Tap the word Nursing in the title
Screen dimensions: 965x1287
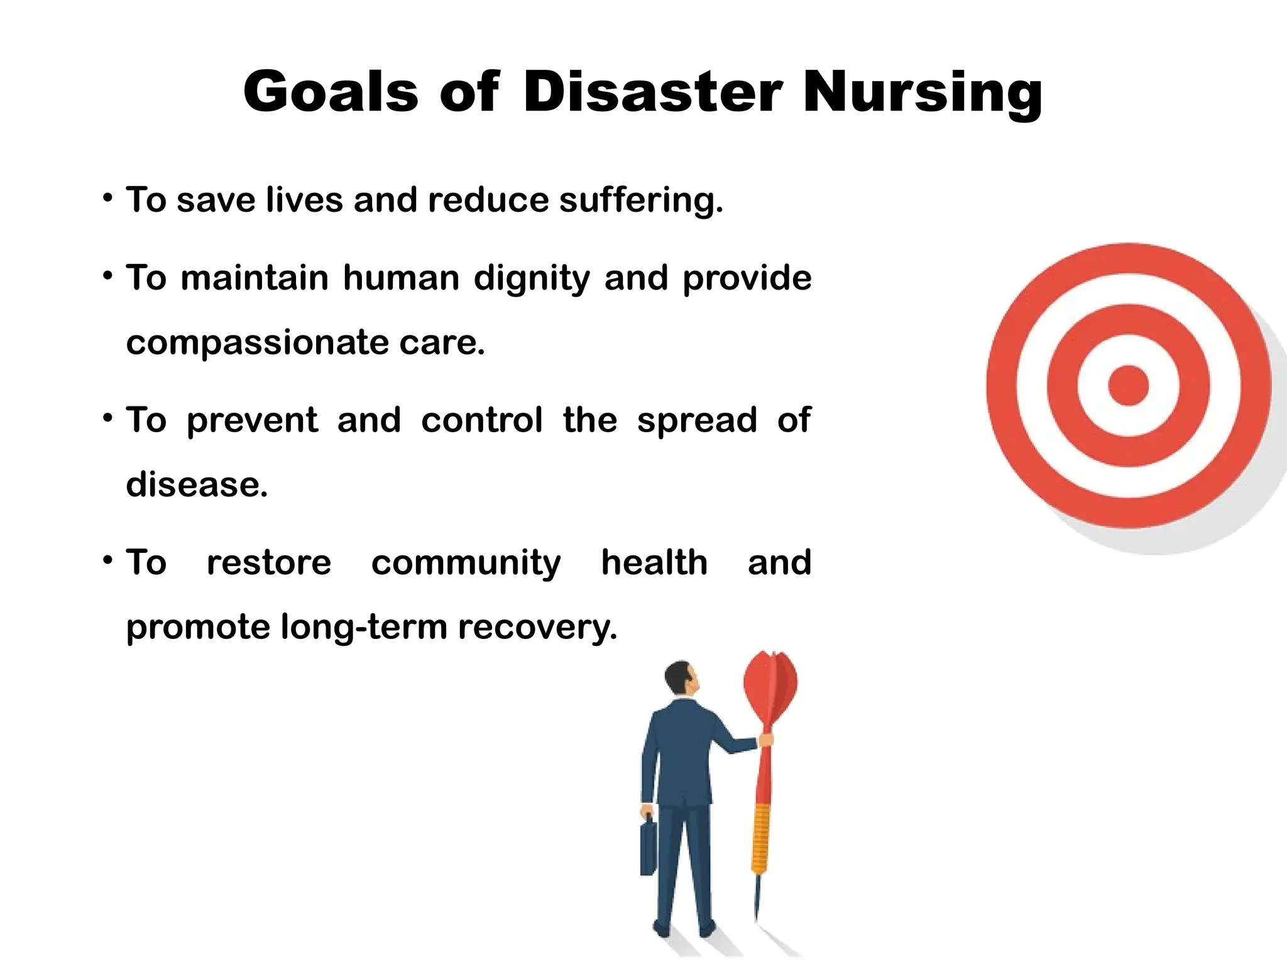point(923,93)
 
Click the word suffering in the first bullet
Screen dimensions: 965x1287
point(641,200)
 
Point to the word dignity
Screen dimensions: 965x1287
point(532,279)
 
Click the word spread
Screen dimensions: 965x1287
point(697,421)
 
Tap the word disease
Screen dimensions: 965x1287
point(197,484)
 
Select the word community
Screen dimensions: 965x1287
point(466,563)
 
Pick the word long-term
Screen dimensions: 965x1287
point(364,626)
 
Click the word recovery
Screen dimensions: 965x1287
point(537,628)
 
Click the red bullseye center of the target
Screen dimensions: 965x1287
point(1128,385)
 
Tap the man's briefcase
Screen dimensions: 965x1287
point(649,848)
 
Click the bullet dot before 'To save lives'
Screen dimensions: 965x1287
point(108,199)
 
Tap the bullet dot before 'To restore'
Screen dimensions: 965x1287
point(108,559)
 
